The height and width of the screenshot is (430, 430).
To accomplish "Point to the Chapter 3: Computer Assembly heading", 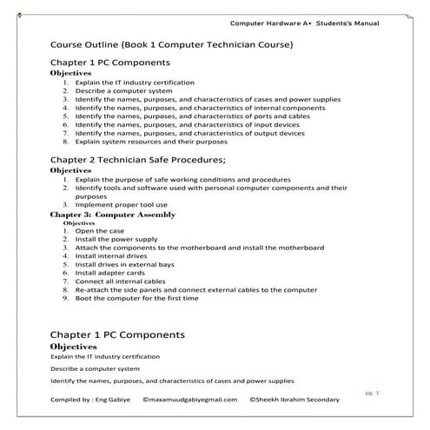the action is [113, 214].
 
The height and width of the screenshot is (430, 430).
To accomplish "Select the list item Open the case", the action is [100, 232].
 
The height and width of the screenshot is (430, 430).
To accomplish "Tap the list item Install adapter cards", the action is [110, 273].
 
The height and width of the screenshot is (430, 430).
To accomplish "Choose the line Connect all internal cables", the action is [120, 281].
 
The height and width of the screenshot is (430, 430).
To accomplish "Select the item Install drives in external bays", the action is [124, 265].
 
